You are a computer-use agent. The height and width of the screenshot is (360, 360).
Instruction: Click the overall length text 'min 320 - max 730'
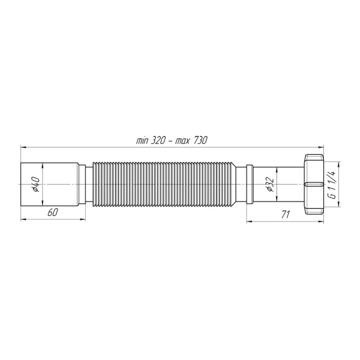tap(172, 140)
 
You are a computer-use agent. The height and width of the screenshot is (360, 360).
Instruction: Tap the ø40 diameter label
tap(35, 184)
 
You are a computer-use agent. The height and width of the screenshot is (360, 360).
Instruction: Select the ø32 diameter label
tap(270, 184)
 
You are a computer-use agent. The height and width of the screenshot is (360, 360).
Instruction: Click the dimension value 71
tap(286, 214)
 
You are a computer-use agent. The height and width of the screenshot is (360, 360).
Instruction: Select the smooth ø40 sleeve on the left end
tap(51, 184)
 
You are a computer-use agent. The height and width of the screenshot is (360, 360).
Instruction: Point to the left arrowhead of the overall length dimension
tap(23, 146)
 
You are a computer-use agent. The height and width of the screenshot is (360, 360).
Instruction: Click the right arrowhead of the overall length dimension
tap(322, 146)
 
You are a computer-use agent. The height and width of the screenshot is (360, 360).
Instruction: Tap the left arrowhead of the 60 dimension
tap(23, 220)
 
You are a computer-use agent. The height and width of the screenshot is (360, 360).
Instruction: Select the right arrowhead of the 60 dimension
tap(82, 220)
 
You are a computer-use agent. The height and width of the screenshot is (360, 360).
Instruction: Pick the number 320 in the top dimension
tap(158, 140)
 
